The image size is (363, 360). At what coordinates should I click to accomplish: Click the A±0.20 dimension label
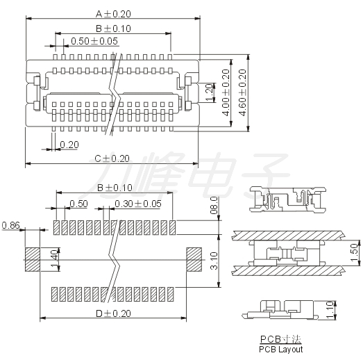(113, 14)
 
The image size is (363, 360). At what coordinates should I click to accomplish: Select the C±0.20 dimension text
(112, 158)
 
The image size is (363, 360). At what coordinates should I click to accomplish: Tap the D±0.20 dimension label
(113, 313)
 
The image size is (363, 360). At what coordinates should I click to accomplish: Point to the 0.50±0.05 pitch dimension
(94, 41)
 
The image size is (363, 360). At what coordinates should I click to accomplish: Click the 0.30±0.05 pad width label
(138, 204)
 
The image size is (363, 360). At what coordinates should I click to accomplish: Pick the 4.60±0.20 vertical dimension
(242, 92)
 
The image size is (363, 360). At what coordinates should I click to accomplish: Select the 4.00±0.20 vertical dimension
(226, 92)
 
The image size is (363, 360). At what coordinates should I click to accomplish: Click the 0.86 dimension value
(10, 225)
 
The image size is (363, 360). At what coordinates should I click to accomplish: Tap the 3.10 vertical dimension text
(214, 261)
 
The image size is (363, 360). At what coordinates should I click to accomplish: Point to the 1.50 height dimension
(354, 252)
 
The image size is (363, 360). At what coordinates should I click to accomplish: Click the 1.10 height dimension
(331, 310)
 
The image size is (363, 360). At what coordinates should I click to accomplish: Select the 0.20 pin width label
(69, 145)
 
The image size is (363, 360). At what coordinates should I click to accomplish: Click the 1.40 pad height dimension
(54, 259)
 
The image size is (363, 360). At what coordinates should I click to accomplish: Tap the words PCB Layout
(281, 349)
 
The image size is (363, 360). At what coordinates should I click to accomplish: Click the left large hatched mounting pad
(33, 260)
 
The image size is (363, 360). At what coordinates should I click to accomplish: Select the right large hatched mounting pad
(194, 260)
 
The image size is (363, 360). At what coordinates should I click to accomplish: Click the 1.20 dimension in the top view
(209, 92)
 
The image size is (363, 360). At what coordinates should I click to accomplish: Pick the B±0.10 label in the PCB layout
(115, 188)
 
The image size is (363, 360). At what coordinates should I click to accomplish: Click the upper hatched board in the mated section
(287, 236)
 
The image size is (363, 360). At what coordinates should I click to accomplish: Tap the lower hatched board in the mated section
(287, 270)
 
